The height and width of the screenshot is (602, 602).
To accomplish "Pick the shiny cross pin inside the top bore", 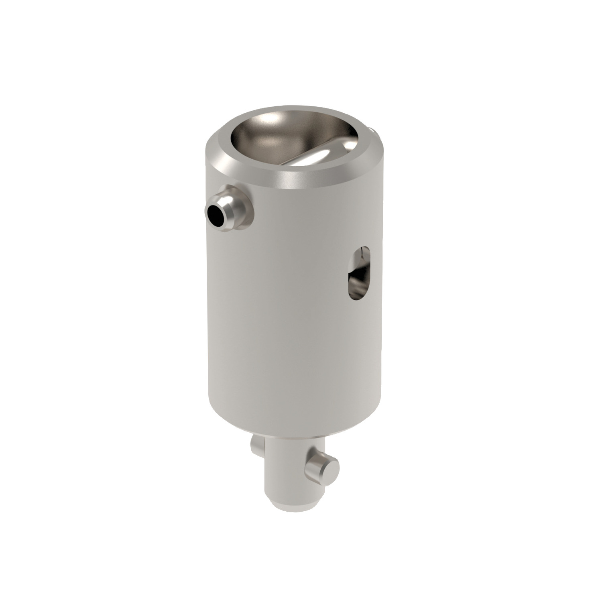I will [317, 154].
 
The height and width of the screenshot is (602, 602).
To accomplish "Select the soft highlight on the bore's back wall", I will [277, 120].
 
